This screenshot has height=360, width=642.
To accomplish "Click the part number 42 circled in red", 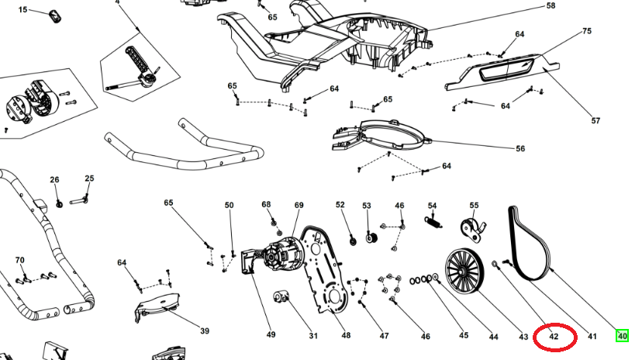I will pos(554,337).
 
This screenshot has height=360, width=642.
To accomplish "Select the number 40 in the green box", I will pos(622,336).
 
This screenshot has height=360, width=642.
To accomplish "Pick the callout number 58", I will pos(551,5).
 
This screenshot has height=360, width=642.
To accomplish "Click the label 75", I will pos(587,31).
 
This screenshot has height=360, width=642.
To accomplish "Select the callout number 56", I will pos(520,148).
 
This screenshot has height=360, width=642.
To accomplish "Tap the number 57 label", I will pos(596,120).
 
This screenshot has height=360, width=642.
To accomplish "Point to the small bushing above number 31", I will pos(281,297).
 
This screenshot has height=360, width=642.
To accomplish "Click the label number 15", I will pos(22,9).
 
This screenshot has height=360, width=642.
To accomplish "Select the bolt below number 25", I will pos(81,201).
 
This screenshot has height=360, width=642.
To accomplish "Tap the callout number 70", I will pos(20,260).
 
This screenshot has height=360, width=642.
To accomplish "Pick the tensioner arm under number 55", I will pos(471,229).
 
